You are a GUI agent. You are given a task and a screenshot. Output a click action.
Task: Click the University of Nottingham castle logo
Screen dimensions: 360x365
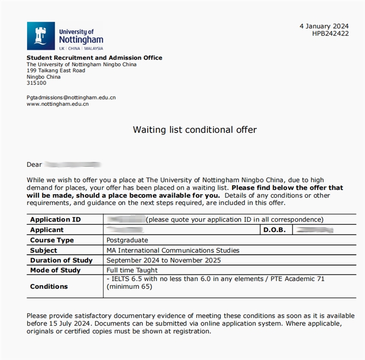tap(41, 35)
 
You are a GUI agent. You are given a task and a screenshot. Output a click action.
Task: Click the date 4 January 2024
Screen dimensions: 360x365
tap(324, 26)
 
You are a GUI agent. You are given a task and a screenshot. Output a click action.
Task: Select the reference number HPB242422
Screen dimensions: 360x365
tap(330, 33)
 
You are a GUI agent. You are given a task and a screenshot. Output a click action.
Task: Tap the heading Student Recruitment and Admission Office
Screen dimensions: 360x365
tap(94, 58)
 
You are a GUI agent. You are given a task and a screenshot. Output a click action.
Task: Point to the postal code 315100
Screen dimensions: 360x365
tap(36, 83)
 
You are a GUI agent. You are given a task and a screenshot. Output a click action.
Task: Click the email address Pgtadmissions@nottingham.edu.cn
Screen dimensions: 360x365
tap(71, 98)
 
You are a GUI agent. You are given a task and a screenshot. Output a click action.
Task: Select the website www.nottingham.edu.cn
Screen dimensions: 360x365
tap(57, 104)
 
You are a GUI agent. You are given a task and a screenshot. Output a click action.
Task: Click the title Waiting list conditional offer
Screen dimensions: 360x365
tap(194, 129)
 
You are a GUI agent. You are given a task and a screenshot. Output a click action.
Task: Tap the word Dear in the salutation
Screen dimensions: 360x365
tap(34, 165)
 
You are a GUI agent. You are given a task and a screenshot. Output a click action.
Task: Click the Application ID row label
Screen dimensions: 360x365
tap(55, 220)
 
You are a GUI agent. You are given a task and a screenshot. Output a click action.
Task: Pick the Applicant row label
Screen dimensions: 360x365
tap(47, 230)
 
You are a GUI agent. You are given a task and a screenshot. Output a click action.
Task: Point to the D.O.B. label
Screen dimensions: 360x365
tap(274, 230)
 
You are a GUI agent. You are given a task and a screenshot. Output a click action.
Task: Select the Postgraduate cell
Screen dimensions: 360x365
tap(127, 241)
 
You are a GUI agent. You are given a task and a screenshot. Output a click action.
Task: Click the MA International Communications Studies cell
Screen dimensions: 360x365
tap(173, 250)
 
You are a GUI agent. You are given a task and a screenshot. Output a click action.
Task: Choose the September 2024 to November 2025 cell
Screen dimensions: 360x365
tap(164, 260)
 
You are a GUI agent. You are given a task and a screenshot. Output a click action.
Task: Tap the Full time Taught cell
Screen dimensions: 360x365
tap(132, 270)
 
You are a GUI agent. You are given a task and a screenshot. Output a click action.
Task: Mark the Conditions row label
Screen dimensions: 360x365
tap(49, 286)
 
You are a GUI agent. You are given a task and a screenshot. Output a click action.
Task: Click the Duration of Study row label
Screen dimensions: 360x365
tap(61, 260)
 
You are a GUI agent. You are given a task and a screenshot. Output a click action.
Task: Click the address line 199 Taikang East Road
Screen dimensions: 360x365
tap(55, 70)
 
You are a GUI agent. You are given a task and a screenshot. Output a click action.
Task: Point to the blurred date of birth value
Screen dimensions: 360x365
tap(314, 230)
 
